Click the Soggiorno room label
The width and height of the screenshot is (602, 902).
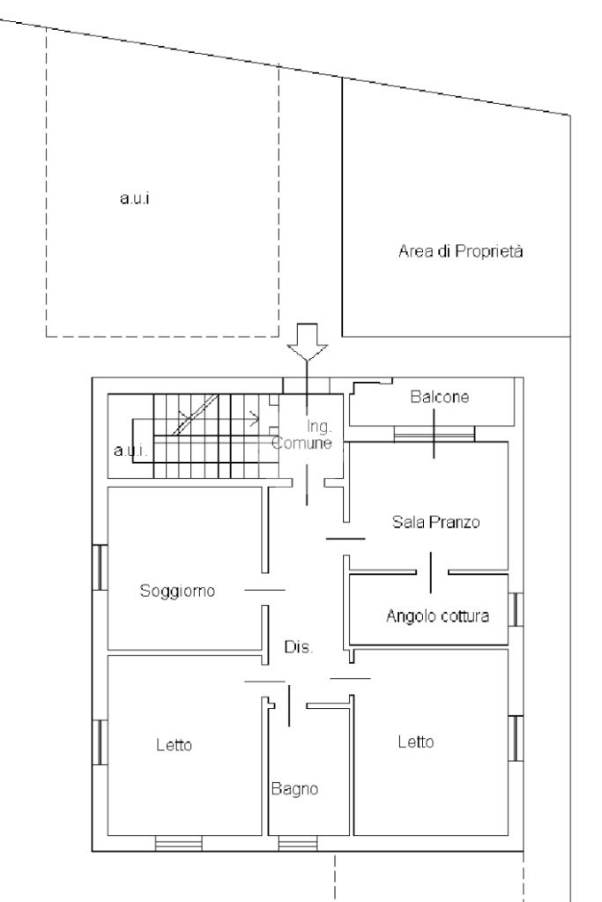coord(178,592)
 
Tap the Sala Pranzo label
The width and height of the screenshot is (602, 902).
coord(435,522)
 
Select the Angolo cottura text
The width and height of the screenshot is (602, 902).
coord(437,616)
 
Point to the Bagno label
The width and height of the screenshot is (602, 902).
coord(295,788)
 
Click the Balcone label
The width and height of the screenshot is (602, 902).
coord(439,397)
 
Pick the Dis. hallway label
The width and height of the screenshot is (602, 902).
coord(299,647)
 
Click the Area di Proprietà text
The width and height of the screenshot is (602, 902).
coord(461,251)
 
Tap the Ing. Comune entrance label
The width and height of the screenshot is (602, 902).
coord(302,435)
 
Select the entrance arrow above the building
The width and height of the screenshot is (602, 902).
coord(308,342)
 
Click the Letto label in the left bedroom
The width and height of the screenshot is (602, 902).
coord(175,745)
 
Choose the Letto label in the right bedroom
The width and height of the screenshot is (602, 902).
coord(416,742)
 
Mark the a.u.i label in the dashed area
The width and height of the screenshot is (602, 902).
coord(135,198)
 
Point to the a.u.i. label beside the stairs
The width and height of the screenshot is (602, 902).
coord(130,451)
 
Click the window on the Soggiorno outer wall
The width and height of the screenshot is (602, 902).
coord(100,567)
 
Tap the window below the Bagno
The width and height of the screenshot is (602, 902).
coord(298,843)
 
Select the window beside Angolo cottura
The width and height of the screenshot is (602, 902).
coord(516,609)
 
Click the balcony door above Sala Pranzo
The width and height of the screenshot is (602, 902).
coord(435,435)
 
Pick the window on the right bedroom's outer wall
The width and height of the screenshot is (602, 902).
coord(516,738)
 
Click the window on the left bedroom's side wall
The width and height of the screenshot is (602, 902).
coord(100,742)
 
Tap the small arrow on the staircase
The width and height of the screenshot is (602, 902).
coord(254,420)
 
